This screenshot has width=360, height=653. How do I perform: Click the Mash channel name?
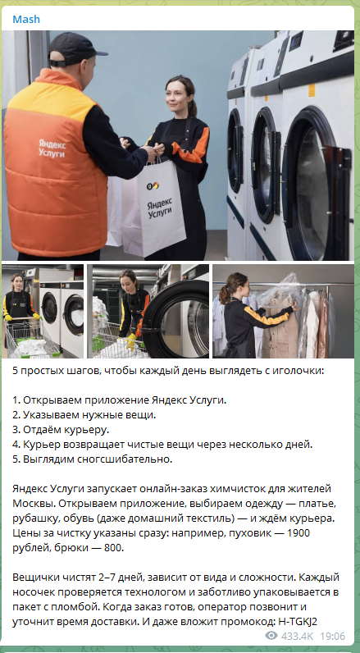26,19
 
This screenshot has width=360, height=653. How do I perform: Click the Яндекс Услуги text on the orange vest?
52,148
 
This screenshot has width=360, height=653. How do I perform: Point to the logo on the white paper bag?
153,185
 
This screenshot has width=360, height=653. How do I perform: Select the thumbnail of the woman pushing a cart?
43,311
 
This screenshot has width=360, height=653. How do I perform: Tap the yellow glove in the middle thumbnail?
130,341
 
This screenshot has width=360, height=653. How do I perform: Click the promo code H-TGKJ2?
296,622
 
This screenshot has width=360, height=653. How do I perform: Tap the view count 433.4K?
297,636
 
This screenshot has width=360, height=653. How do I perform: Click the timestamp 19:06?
334,636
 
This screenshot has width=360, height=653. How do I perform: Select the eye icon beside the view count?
271,636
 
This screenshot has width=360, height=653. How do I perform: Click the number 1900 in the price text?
298,533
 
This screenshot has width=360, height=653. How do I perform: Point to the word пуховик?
243,533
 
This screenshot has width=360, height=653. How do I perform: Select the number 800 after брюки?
114,548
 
